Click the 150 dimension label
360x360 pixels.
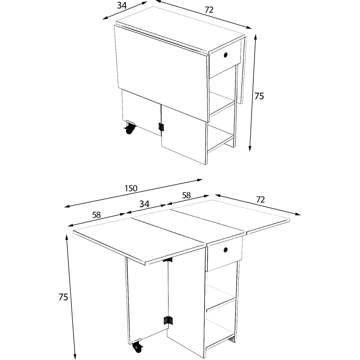(x=131, y=188)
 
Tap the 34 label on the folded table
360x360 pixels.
(x=122, y=6)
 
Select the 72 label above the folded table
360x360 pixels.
(x=209, y=10)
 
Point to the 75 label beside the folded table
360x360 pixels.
(x=259, y=96)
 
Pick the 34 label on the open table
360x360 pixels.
(x=144, y=204)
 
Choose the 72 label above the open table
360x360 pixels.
(x=260, y=199)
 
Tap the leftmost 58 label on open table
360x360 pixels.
(x=96, y=215)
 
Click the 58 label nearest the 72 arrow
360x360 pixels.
(x=186, y=195)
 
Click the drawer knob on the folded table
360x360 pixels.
(x=226, y=55)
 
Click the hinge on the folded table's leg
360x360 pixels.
(x=161, y=127)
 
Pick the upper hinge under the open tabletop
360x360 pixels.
(x=168, y=260)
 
